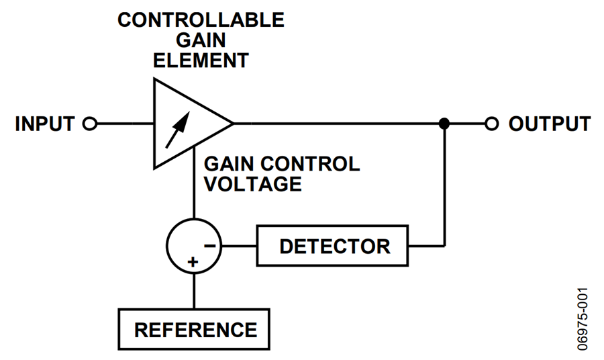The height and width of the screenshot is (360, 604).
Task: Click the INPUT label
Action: click(x=45, y=124)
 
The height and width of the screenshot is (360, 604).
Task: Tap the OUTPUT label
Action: click(x=549, y=124)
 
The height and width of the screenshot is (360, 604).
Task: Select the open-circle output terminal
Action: click(x=492, y=124)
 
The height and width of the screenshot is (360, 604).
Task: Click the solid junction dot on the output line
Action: click(x=444, y=124)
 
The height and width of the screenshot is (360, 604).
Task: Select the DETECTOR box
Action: click(x=334, y=246)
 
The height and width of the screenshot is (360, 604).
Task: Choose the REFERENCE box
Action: click(x=195, y=330)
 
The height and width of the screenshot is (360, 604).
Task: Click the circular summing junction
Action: click(x=194, y=246)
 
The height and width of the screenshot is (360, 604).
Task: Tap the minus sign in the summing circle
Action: click(x=210, y=246)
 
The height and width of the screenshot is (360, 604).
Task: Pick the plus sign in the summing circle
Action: click(x=193, y=263)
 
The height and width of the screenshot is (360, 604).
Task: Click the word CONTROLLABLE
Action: click(x=201, y=19)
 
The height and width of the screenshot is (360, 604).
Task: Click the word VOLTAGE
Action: click(x=253, y=184)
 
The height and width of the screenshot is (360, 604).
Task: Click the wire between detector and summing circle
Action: click(x=239, y=246)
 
